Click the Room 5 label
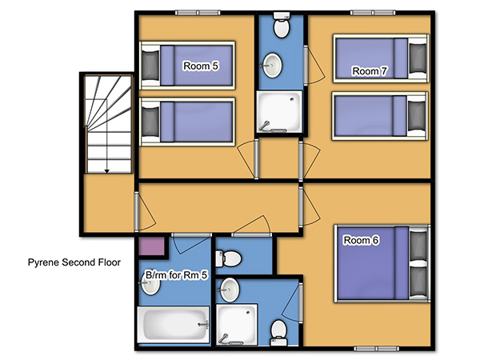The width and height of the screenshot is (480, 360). click(x=201, y=66)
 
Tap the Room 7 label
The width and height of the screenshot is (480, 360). click(x=370, y=71)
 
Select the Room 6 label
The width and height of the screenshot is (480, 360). click(x=362, y=240)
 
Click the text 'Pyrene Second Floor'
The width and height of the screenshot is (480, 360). click(x=74, y=262)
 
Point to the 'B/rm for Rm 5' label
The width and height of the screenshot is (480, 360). click(x=176, y=275)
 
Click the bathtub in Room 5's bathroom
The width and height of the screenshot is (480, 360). click(x=174, y=325)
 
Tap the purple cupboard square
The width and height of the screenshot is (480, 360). click(x=152, y=246)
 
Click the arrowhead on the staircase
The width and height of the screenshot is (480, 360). click(x=107, y=171)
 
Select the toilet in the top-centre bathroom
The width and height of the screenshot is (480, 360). click(x=282, y=25)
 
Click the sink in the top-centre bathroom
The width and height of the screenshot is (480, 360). click(x=272, y=66)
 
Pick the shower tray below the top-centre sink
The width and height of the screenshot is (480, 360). click(x=279, y=112)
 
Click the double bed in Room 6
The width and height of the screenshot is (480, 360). click(x=382, y=263)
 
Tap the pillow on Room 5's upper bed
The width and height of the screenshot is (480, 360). click(x=150, y=66)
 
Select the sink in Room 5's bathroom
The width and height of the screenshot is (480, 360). click(x=150, y=283)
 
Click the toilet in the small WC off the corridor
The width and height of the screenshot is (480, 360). click(x=228, y=258)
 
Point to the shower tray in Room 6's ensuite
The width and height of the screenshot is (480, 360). click(x=237, y=325)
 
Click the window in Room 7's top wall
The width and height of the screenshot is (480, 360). click(x=373, y=13)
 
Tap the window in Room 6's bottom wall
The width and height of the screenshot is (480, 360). click(x=376, y=349)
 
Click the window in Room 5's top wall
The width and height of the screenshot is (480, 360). click(x=198, y=13)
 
